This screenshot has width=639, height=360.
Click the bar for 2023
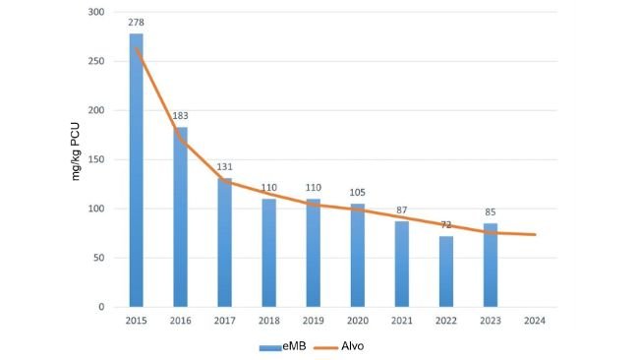pos(490,265)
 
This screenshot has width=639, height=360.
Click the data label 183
pos(180,115)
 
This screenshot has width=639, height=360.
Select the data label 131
pos(224,166)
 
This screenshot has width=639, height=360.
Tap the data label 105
pos(357,192)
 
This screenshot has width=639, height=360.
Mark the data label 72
pos(445,224)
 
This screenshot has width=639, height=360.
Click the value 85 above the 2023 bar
pos(490,211)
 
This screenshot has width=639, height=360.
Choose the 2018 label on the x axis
pos(268,321)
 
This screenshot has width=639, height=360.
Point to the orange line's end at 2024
pos(534,234)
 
